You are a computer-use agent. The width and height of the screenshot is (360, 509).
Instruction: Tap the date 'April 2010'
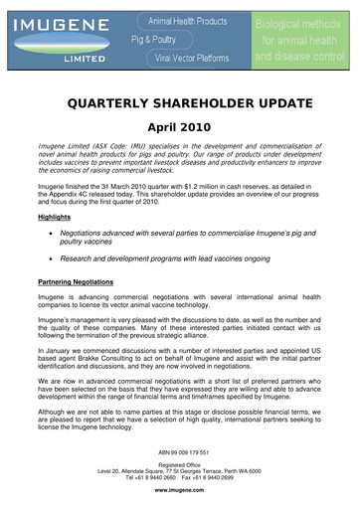point(180,129)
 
